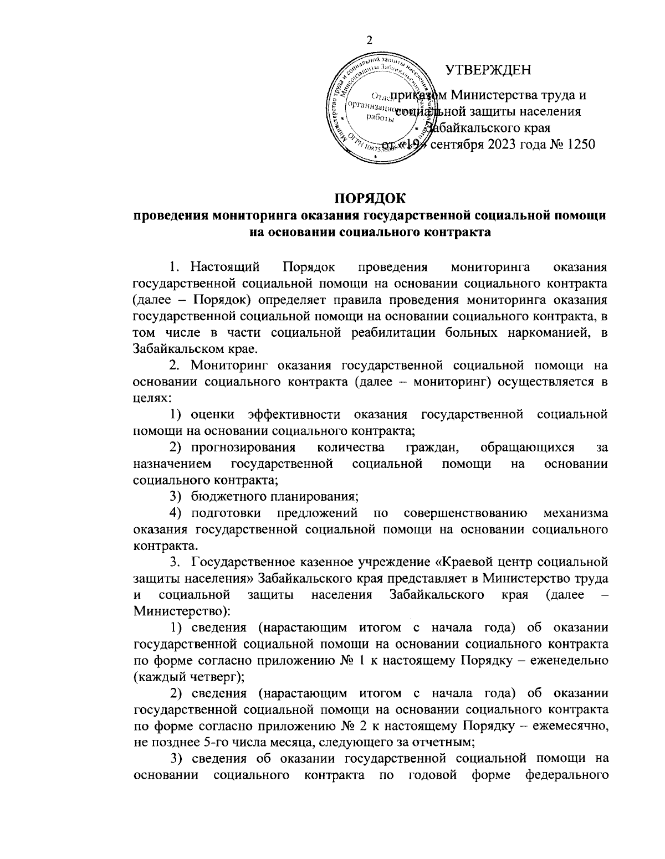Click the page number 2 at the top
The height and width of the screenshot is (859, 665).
370,40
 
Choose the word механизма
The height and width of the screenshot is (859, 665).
576,512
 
